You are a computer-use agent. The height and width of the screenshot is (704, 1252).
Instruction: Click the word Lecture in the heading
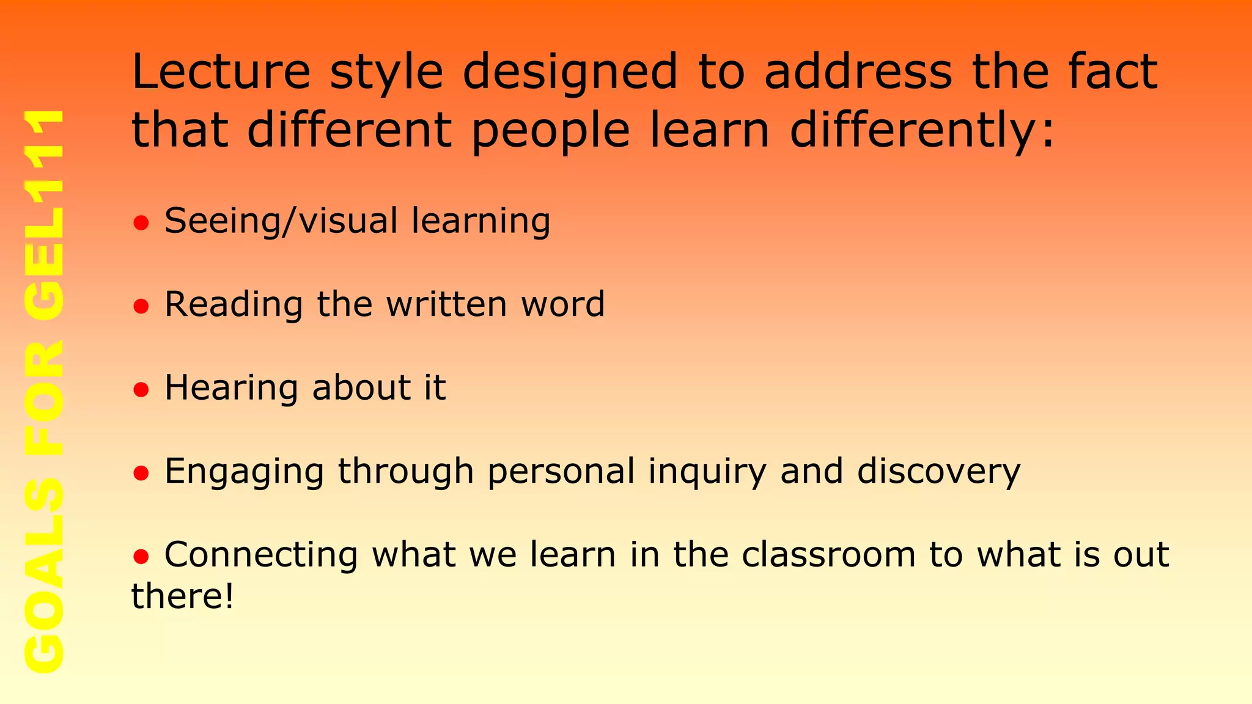pyautogui.click(x=221, y=71)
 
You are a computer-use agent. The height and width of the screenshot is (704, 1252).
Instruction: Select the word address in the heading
pyautogui.click(x=858, y=71)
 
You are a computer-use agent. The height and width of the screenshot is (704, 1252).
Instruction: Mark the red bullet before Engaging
pyautogui.click(x=141, y=474)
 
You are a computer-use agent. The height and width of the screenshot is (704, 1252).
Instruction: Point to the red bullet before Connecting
pyautogui.click(x=141, y=557)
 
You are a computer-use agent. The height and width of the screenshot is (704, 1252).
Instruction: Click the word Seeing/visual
pyautogui.click(x=281, y=221)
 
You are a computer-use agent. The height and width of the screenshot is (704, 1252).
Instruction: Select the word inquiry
pyautogui.click(x=707, y=472)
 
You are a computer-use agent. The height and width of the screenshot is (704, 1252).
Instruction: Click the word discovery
pyautogui.click(x=938, y=472)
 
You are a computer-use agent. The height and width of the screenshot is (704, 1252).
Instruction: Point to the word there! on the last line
pyautogui.click(x=183, y=596)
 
